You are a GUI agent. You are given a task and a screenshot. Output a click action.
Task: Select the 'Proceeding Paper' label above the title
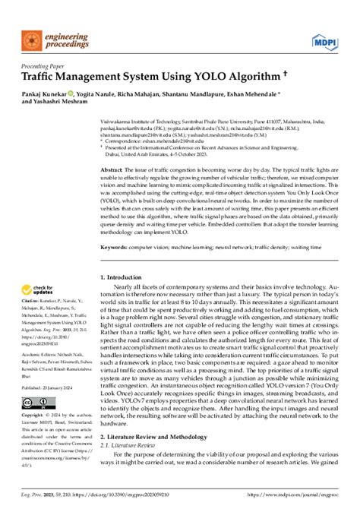[42, 66]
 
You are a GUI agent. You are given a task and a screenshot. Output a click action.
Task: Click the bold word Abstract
[112, 169]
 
